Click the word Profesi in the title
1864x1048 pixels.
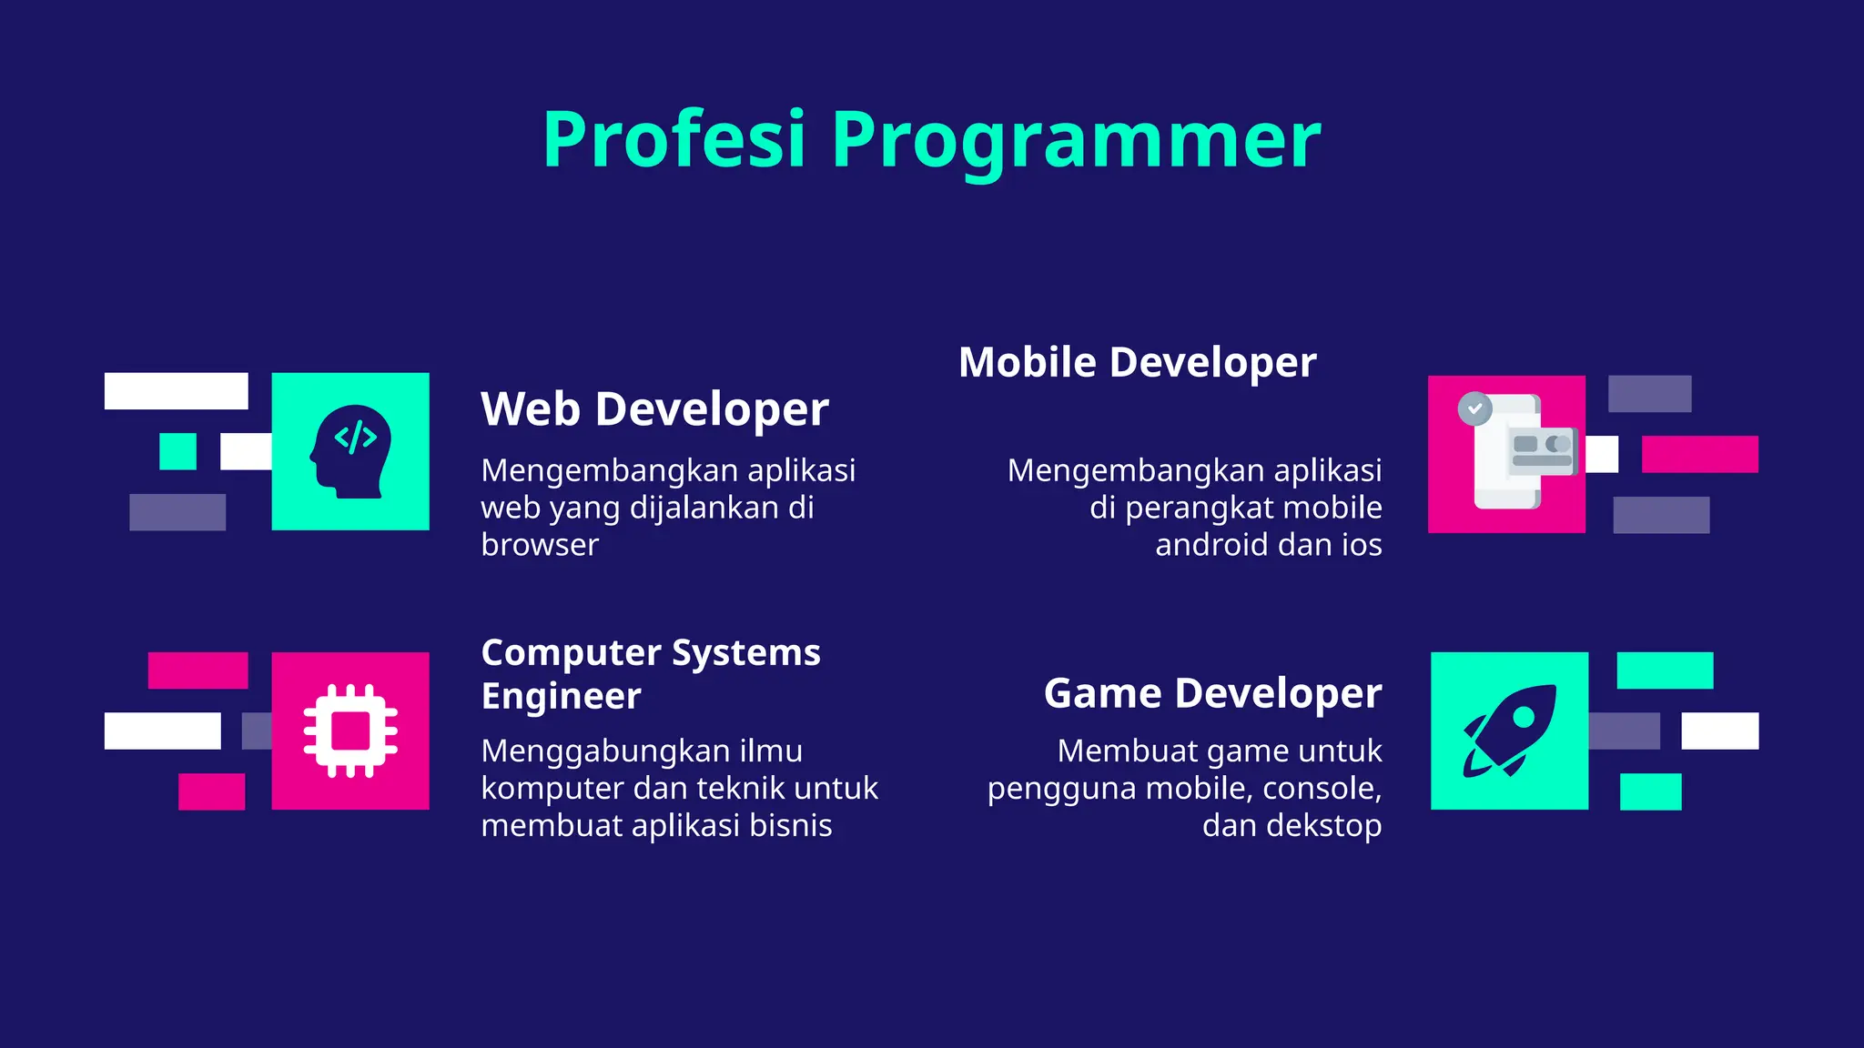click(x=674, y=139)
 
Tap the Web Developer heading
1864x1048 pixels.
click(x=654, y=408)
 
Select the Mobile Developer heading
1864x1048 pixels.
click(x=1137, y=362)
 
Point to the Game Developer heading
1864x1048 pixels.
click(x=1212, y=693)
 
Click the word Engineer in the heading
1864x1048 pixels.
click(x=561, y=696)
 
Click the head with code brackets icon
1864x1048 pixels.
click(x=351, y=451)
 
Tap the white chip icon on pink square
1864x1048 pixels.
click(x=350, y=731)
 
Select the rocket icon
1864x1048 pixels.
click(x=1509, y=731)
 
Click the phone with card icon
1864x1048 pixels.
click(x=1518, y=453)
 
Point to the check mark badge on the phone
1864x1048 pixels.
click(x=1474, y=408)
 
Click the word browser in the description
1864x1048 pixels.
click(x=540, y=545)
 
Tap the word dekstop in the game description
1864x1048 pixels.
click(x=1323, y=826)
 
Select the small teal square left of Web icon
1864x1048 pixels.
click(x=177, y=451)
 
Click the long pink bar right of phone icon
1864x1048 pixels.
click(x=1699, y=454)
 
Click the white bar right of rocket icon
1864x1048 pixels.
click(x=1719, y=731)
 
